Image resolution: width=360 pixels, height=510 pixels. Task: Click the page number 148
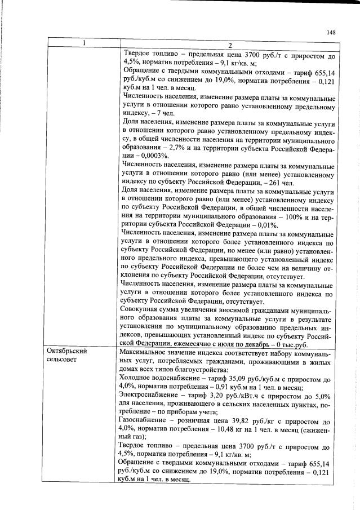pyautogui.click(x=331, y=33)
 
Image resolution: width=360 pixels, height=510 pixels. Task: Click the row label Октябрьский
pyautogui.click(x=66, y=351)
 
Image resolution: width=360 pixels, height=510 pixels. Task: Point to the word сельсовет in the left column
pyautogui.click(x=62, y=359)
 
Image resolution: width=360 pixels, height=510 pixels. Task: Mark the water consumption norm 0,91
pyautogui.click(x=232, y=387)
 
